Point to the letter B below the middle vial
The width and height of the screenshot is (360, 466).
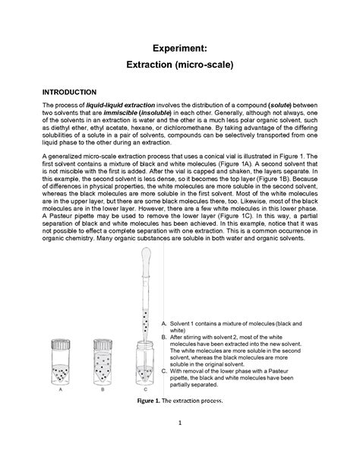103,388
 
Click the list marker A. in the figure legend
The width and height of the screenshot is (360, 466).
165,325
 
